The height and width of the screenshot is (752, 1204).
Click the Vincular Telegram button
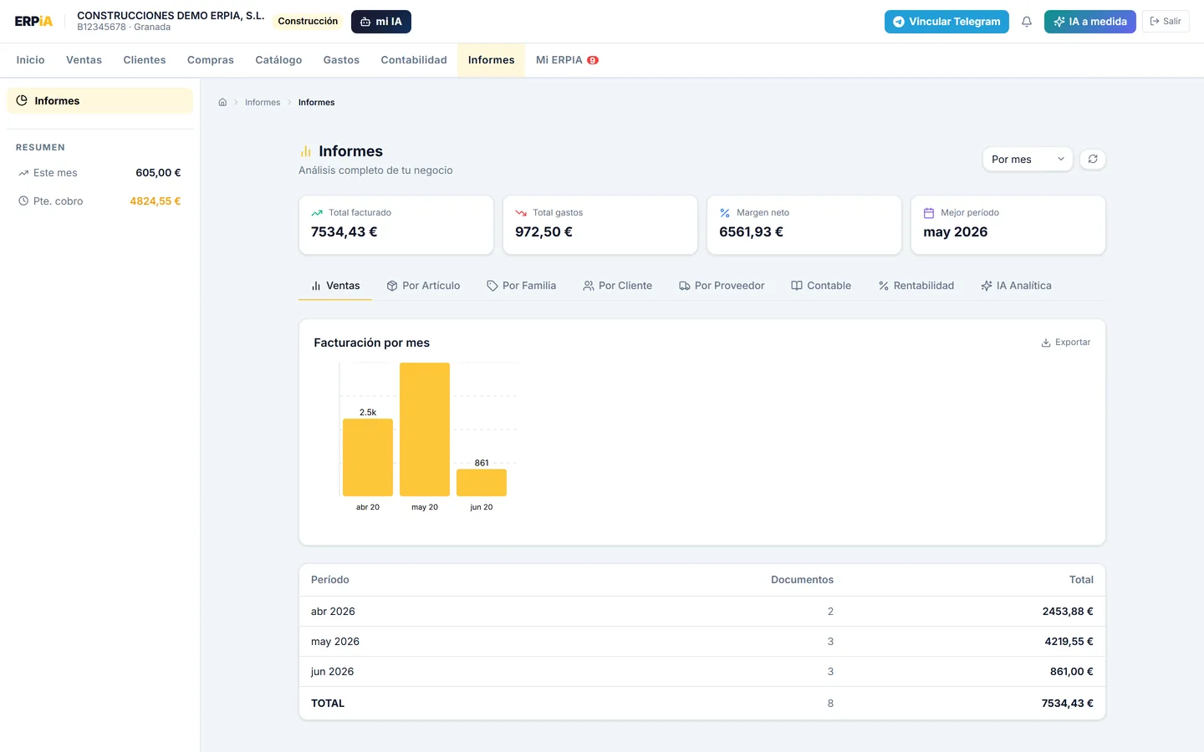pos(946,22)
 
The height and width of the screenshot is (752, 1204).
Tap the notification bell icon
pos(1027,22)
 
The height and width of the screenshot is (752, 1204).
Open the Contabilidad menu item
pos(414,59)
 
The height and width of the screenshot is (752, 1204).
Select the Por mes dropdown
pos(1027,159)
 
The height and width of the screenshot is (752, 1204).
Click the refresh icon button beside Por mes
pos(1093,159)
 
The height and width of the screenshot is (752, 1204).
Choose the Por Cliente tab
pos(618,285)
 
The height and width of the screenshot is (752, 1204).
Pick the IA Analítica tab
pos(1016,285)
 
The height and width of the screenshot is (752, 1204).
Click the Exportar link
pos(1066,343)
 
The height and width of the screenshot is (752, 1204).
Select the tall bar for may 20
pos(425,429)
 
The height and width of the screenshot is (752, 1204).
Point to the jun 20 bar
pos(482,482)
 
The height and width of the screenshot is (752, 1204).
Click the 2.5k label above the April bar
pos(368,412)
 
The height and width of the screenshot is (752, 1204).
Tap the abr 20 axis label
pos(368,507)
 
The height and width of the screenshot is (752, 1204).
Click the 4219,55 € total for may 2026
pos(1069,642)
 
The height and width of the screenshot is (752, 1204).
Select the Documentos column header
pos(802,580)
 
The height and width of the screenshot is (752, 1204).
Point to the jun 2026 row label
pos(332,672)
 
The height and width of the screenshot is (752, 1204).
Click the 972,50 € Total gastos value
pos(543,231)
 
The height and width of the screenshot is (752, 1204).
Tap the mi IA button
pos(381,22)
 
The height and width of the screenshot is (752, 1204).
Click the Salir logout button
pos(1166,22)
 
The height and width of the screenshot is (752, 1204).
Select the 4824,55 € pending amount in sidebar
pos(155,201)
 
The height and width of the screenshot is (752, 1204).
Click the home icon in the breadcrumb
pos(222,102)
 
